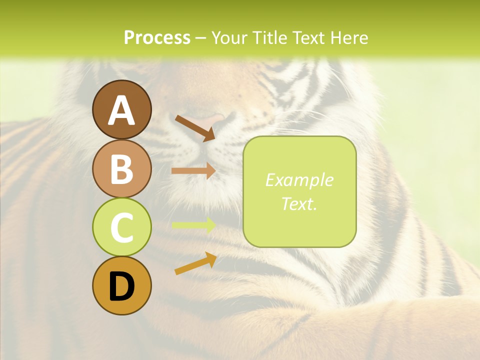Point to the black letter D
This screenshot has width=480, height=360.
click(121, 286)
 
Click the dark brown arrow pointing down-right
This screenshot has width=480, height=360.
click(195, 127)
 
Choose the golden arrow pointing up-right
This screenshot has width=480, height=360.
click(195, 264)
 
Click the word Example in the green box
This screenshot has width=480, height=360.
click(299, 180)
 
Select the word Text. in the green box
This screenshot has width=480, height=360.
click(299, 203)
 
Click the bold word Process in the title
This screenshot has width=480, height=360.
click(157, 37)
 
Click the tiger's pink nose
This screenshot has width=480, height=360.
click(212, 120)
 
